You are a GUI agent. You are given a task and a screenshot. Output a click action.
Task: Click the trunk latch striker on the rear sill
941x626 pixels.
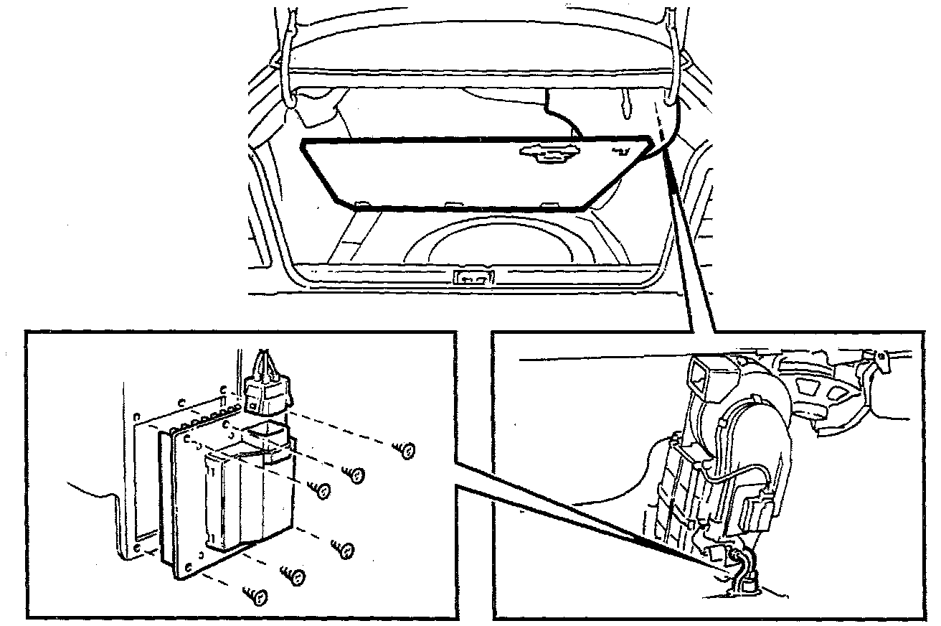(x=475, y=277)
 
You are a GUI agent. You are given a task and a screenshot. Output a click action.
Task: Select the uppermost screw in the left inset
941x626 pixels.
(x=406, y=451)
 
